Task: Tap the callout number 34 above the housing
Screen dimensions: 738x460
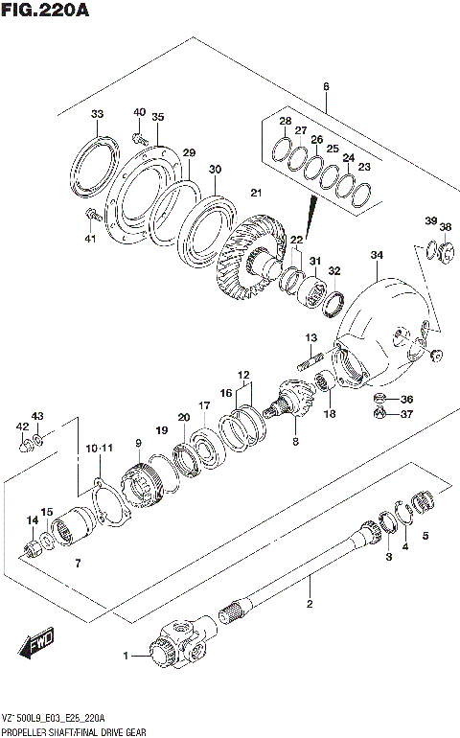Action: point(377,255)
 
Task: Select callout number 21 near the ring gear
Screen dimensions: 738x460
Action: point(256,194)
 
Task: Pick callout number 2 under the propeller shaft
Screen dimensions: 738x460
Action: point(310,604)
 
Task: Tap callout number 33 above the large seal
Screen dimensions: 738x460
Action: point(97,115)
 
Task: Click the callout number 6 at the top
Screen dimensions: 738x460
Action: point(326,87)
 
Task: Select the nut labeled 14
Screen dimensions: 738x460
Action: point(34,550)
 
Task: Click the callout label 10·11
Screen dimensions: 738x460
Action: point(99,448)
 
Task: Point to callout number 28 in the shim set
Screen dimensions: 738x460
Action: point(285,122)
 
